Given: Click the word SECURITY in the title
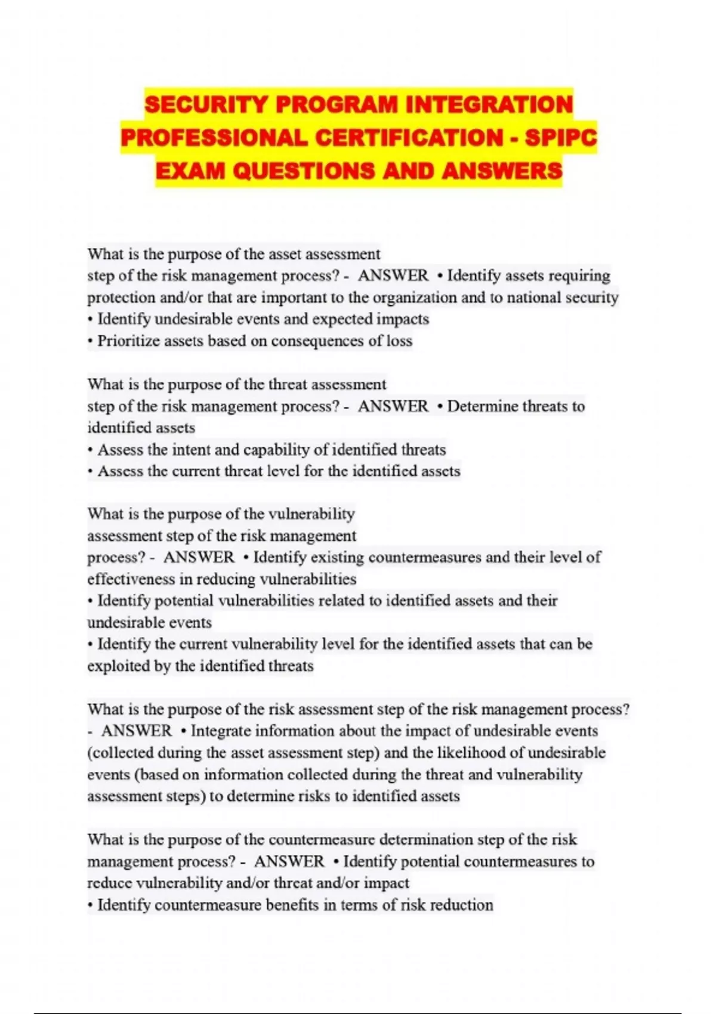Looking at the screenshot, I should point(206,105).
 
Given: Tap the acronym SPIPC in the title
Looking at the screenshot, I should point(560,138).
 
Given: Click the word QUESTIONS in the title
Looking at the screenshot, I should point(304,171).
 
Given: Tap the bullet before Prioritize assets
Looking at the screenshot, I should point(90,341).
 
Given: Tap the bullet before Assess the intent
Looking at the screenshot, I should point(90,450).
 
